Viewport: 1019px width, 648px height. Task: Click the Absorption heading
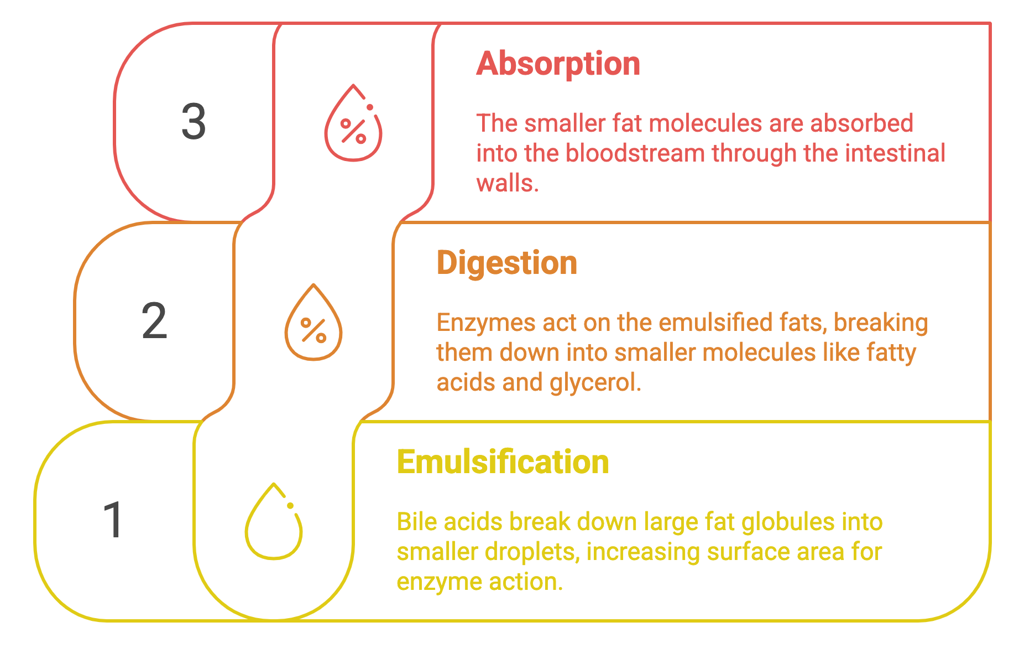[x=558, y=65]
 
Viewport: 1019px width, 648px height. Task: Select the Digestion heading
[x=507, y=263]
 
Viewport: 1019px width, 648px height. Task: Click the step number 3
[x=194, y=122]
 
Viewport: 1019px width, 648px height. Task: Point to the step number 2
[x=154, y=321]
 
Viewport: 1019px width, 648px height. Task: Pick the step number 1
[x=113, y=520]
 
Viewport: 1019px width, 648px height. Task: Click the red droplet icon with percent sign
[x=353, y=123]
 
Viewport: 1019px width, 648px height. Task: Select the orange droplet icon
[x=313, y=322]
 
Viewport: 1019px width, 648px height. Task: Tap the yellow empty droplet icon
[x=274, y=521]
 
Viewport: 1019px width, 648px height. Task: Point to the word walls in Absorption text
[x=508, y=183]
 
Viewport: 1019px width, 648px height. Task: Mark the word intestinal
[x=895, y=153]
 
